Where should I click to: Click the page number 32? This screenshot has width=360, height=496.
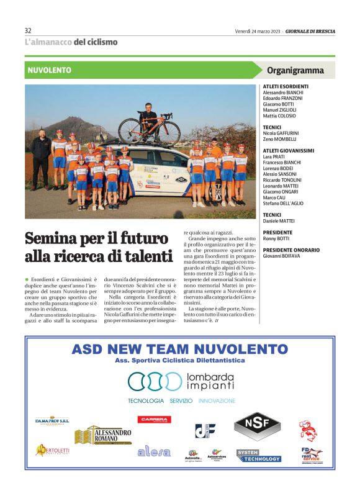(28, 30)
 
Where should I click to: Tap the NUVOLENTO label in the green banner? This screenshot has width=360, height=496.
(50, 70)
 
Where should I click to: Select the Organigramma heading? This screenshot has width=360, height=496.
(295, 70)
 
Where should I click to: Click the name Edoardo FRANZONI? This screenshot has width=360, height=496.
(282, 98)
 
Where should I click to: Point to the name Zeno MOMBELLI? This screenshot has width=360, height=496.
(279, 139)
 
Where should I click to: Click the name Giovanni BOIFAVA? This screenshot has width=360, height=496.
(281, 255)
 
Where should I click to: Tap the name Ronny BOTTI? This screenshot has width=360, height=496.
(276, 238)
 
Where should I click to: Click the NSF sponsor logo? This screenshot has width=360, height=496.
(257, 425)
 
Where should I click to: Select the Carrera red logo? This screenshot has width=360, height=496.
(154, 420)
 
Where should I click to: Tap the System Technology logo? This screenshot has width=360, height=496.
(258, 456)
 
